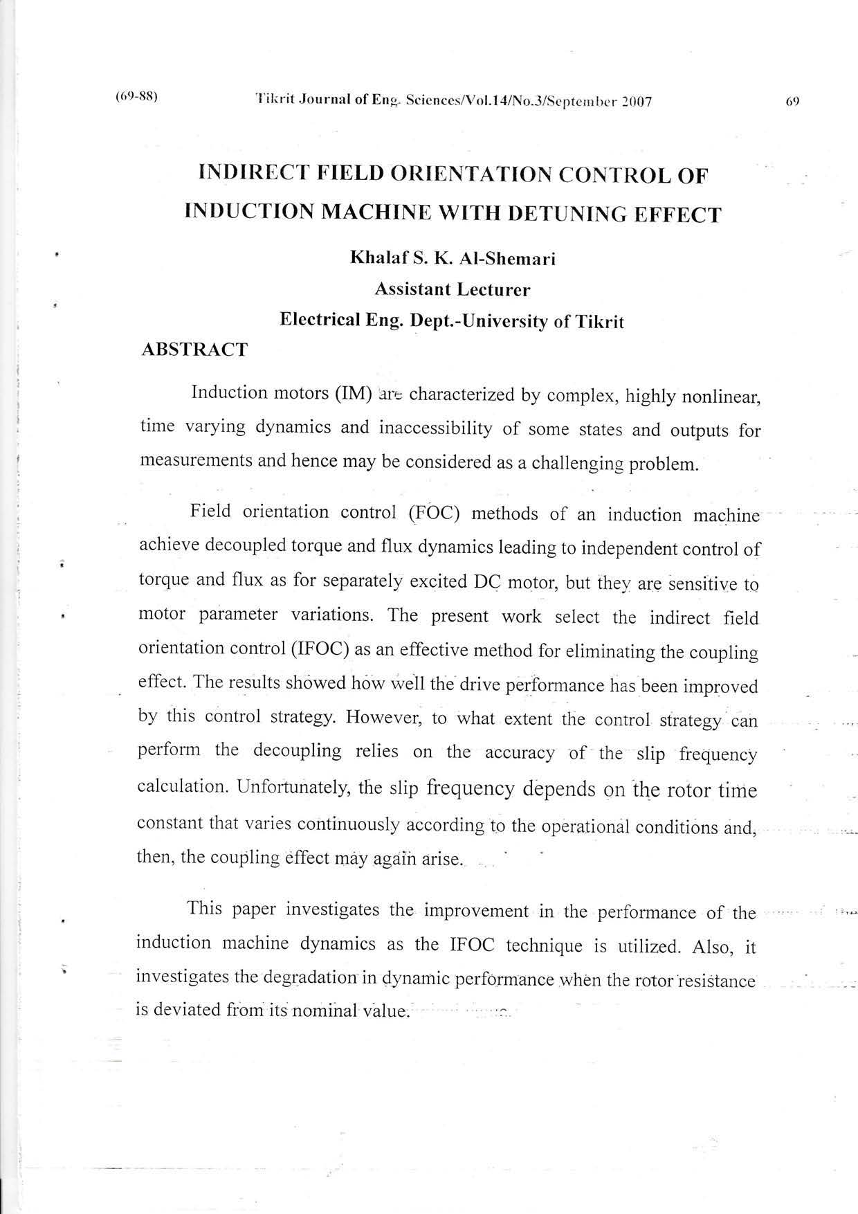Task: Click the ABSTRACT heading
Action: point(194,350)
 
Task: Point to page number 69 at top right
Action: point(792,101)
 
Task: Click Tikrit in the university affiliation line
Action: point(599,322)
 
